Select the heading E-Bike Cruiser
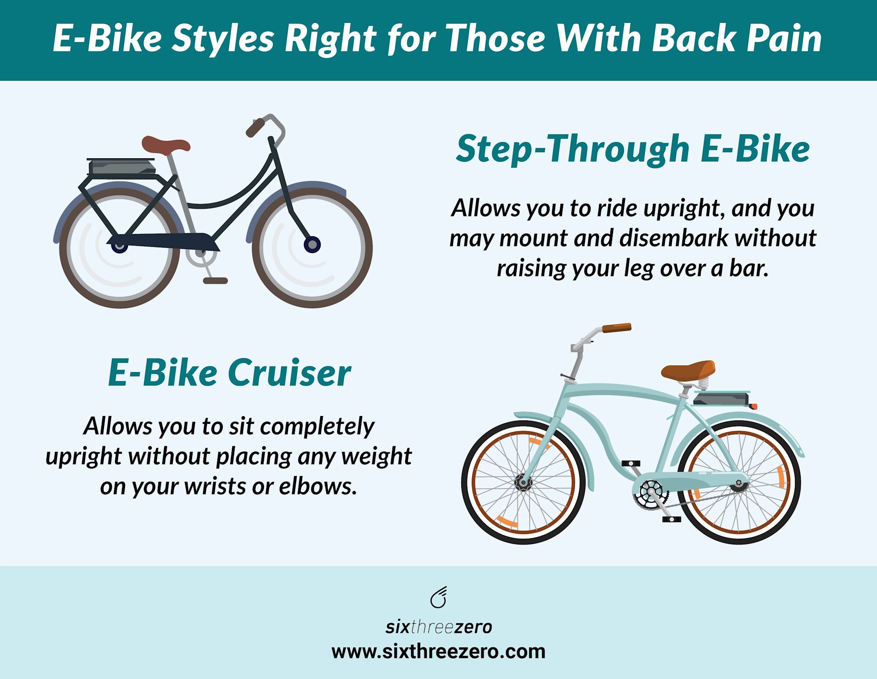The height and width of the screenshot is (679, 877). tap(229, 373)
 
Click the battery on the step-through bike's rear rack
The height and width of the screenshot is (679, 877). tap(122, 167)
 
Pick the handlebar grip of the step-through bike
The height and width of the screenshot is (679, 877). tap(255, 127)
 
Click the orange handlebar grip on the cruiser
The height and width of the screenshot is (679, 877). tap(617, 328)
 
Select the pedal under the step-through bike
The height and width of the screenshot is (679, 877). tap(215, 281)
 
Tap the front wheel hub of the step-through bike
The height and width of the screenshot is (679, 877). tap(312, 244)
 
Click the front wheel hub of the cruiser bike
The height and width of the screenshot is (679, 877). tap(523, 483)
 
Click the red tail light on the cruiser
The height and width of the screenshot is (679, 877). tap(753, 406)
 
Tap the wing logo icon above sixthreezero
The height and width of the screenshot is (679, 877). tap(438, 597)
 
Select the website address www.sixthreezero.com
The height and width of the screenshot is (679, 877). tap(438, 652)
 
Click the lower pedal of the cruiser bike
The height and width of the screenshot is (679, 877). tap(671, 519)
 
